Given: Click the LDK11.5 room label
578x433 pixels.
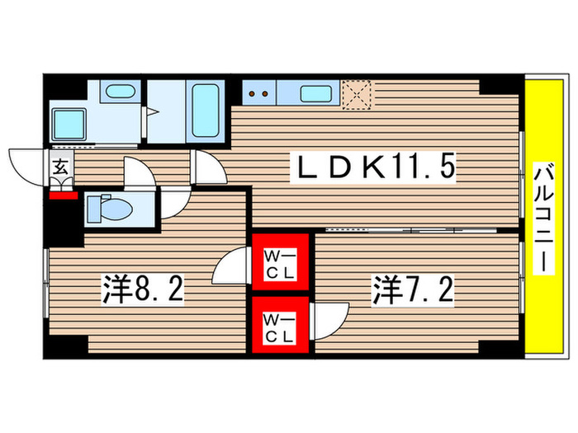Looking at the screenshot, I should click(377, 171).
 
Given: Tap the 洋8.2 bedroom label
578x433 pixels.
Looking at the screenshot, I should click(143, 290).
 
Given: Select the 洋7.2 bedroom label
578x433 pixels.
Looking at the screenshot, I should click(413, 290).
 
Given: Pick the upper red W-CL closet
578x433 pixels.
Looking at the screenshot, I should click(280, 262).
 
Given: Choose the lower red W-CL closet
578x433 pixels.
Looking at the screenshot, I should click(280, 324).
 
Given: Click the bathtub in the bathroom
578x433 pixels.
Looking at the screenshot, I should click(202, 111).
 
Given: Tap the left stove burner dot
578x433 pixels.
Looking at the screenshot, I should click(253, 93).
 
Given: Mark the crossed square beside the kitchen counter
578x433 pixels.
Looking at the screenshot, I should click(357, 93).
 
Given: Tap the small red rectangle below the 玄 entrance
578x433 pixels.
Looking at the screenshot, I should click(61, 195).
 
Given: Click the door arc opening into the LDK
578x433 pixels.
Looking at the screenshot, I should click(209, 169).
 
